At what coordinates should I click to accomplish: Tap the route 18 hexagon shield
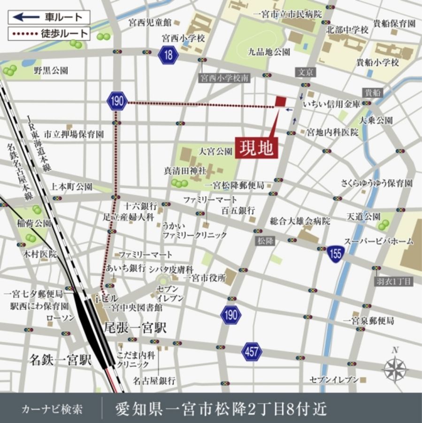(x=168, y=55)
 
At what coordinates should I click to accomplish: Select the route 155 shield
(x=336, y=252)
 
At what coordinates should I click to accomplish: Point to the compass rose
(x=395, y=367)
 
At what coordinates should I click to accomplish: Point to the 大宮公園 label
(x=215, y=151)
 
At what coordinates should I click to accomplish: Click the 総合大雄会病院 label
(x=300, y=220)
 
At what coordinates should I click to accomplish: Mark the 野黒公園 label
(x=51, y=70)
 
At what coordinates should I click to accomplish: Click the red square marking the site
(x=280, y=101)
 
